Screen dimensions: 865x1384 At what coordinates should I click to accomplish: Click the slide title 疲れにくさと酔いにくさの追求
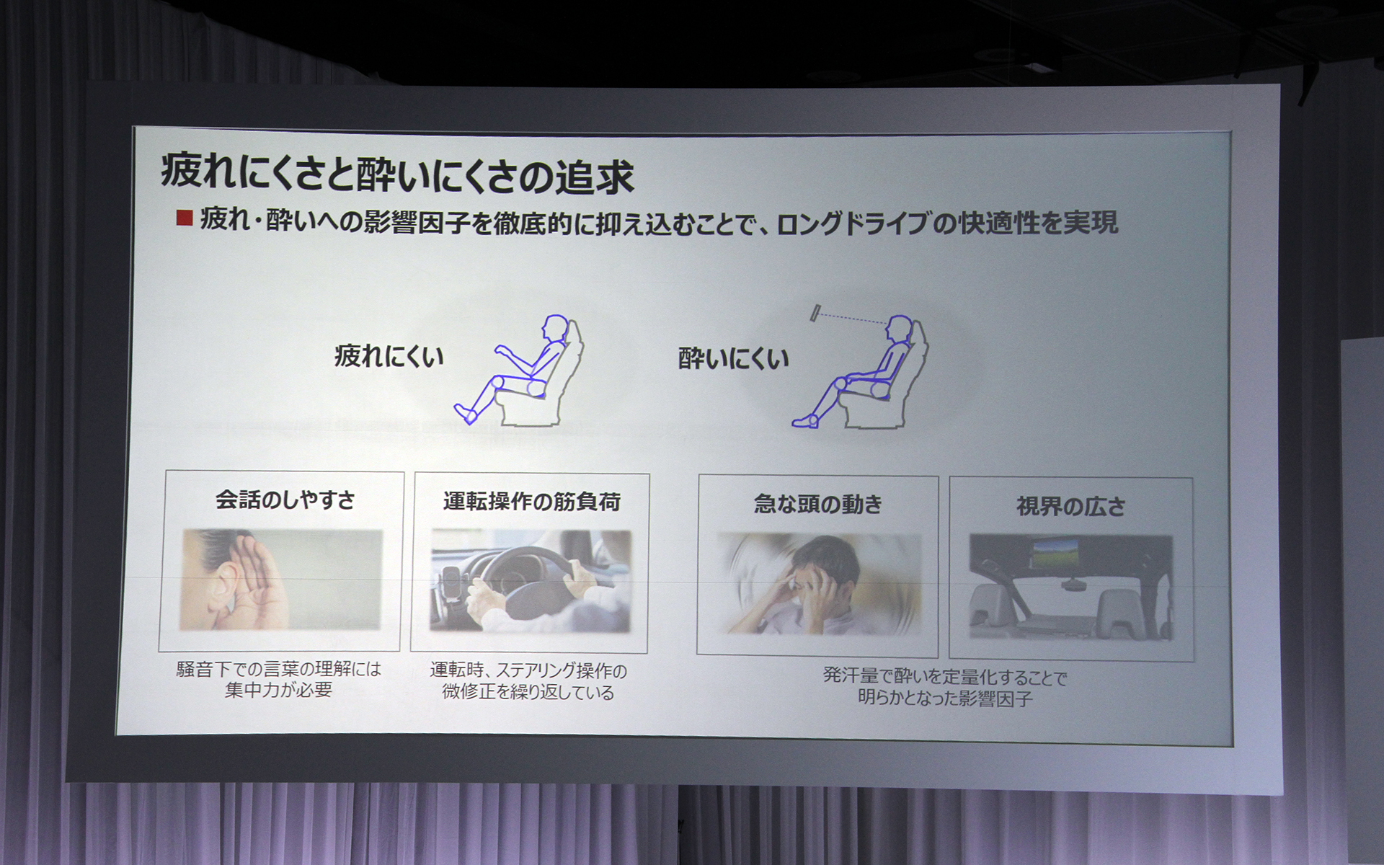pyautogui.click(x=396, y=174)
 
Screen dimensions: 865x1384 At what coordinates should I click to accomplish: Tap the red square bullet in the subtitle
pyautogui.click(x=185, y=218)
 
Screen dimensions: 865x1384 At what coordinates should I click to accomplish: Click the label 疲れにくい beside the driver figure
pyautogui.click(x=389, y=356)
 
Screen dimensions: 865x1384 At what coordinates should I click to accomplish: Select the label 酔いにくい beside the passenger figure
pyautogui.click(x=733, y=358)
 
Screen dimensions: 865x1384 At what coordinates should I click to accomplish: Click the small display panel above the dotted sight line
pyautogui.click(x=815, y=313)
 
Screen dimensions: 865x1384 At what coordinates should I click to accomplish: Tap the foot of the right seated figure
pyautogui.click(x=804, y=422)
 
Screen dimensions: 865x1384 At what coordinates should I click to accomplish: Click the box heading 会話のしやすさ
pyautogui.click(x=285, y=500)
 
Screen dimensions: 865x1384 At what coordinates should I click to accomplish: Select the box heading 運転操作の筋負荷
pyautogui.click(x=531, y=502)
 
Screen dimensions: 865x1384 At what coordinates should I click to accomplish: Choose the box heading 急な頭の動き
pyautogui.click(x=818, y=504)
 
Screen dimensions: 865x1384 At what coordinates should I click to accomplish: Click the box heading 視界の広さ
pyautogui.click(x=1070, y=507)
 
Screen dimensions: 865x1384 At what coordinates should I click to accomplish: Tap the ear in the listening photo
pyautogui.click(x=226, y=581)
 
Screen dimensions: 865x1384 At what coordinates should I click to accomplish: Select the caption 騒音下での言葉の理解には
pyautogui.click(x=278, y=669)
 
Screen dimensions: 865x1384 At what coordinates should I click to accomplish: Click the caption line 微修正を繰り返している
pyautogui.click(x=528, y=693)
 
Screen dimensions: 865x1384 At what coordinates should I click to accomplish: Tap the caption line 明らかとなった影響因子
pyautogui.click(x=945, y=698)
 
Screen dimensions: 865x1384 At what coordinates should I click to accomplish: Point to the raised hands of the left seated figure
pyautogui.click(x=501, y=350)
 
